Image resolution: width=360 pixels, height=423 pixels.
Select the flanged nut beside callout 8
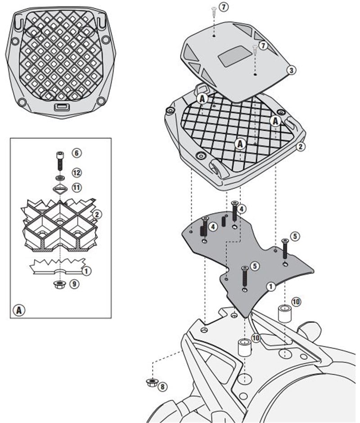(x=151, y=383)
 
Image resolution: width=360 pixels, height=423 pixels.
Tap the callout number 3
(x=292, y=70)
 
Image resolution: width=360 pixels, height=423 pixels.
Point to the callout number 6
(x=77, y=153)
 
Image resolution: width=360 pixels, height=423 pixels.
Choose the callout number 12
(x=77, y=173)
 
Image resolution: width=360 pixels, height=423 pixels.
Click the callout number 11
(x=77, y=186)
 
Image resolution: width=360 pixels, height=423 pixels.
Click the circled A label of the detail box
(x=18, y=310)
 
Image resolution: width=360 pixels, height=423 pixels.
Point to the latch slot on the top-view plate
(x=60, y=107)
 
